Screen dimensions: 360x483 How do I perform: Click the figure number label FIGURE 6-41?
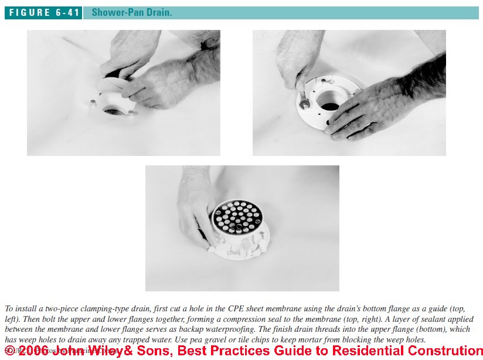click(43, 12)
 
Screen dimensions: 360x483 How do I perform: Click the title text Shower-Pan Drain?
click(131, 12)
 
